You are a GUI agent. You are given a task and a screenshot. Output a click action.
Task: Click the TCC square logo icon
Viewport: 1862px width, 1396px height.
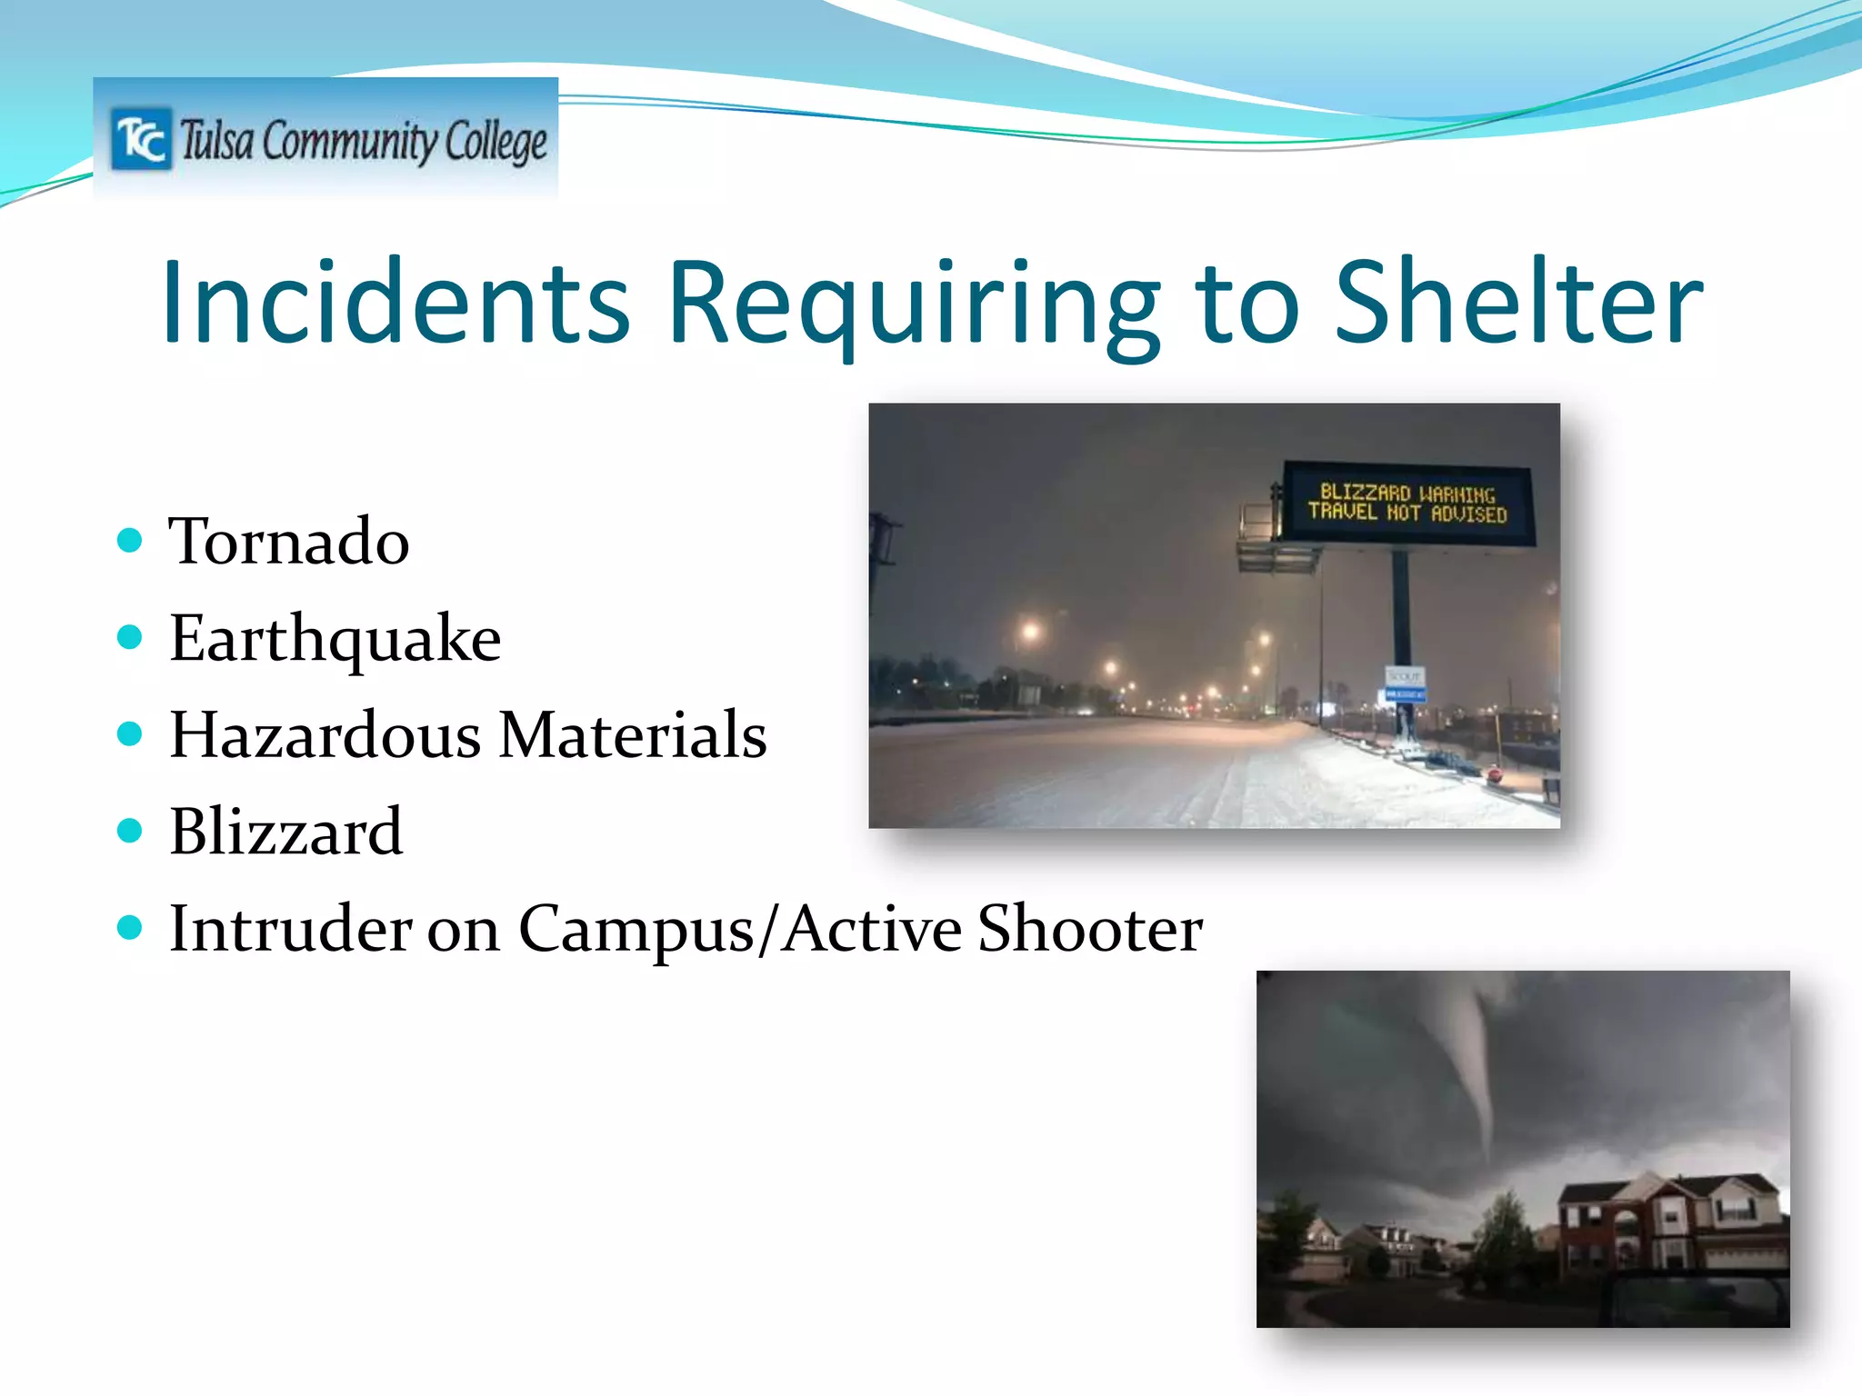141,139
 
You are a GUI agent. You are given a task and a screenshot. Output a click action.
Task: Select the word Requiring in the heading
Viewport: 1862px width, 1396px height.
914,304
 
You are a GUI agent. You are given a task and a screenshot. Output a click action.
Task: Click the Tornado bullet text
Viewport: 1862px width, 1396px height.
289,541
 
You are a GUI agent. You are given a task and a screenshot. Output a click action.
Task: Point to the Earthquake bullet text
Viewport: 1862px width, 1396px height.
335,639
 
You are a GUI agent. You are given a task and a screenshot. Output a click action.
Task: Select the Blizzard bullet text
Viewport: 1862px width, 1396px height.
285,831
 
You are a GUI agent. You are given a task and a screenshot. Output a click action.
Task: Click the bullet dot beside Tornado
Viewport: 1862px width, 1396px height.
131,541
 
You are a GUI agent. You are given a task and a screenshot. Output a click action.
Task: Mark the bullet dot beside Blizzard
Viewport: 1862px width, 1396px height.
131,831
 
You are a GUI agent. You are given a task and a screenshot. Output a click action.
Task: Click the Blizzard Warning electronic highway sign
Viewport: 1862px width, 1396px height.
1407,504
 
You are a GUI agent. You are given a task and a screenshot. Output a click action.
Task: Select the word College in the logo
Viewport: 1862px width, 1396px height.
496,143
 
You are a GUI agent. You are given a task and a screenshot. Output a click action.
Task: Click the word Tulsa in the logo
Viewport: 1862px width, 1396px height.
216,141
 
